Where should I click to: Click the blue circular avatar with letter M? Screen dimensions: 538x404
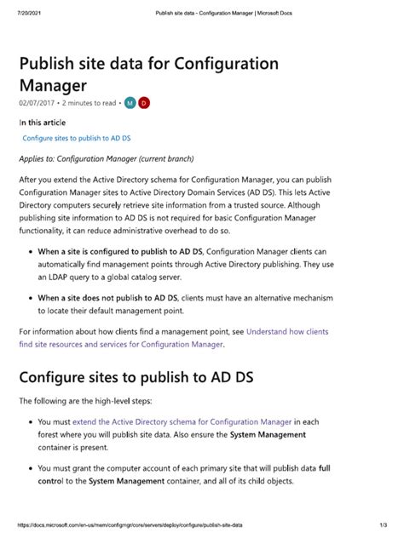click(x=130, y=102)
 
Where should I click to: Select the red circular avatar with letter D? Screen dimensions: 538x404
click(x=144, y=102)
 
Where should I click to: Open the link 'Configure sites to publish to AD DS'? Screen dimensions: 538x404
click(x=76, y=137)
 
